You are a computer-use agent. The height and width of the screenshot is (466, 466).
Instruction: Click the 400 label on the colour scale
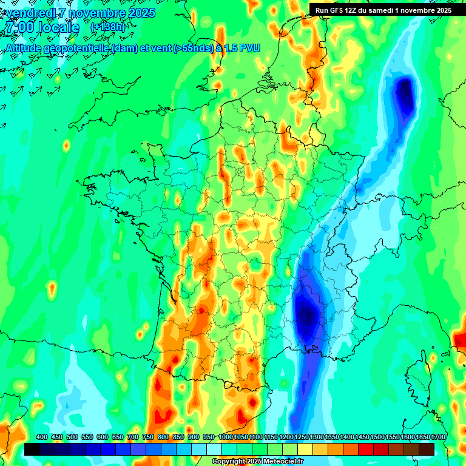[x=42, y=437]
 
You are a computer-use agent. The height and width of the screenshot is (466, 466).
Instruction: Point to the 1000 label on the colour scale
[x=226, y=437]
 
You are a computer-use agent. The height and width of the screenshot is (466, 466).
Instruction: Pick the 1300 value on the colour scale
[x=317, y=437]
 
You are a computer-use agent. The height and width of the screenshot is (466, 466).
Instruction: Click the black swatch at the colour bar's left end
[x=32, y=449]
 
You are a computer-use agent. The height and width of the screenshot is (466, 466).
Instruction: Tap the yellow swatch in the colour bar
[x=305, y=449]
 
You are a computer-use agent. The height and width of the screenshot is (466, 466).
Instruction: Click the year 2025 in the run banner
[x=442, y=10]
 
